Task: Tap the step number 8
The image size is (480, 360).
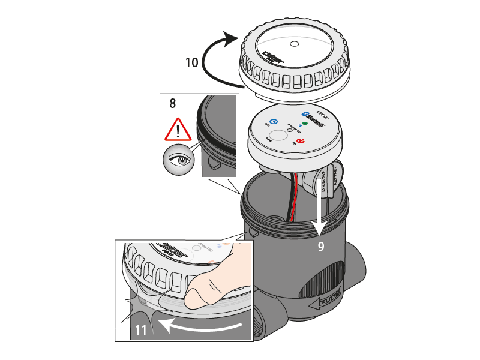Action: point(173,103)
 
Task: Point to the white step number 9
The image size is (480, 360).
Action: point(321,246)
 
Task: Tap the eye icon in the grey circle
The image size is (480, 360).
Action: point(179,161)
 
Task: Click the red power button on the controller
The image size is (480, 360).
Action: point(301,141)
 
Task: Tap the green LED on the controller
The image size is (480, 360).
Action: point(304,123)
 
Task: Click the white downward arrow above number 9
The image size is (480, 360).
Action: point(319,210)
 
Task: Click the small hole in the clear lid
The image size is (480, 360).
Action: point(293,44)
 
